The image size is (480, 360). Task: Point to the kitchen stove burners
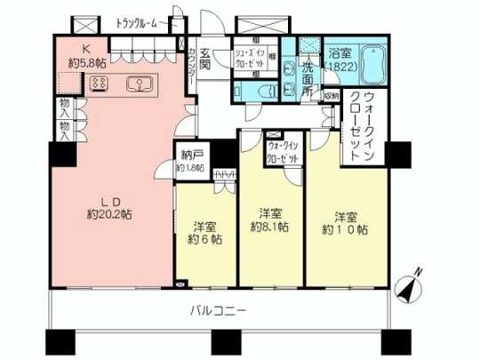(99, 84)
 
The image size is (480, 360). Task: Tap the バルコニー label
(217, 310)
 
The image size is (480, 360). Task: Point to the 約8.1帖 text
(271, 227)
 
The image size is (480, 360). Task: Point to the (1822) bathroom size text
(340, 67)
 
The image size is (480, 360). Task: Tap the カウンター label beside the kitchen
(192, 65)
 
